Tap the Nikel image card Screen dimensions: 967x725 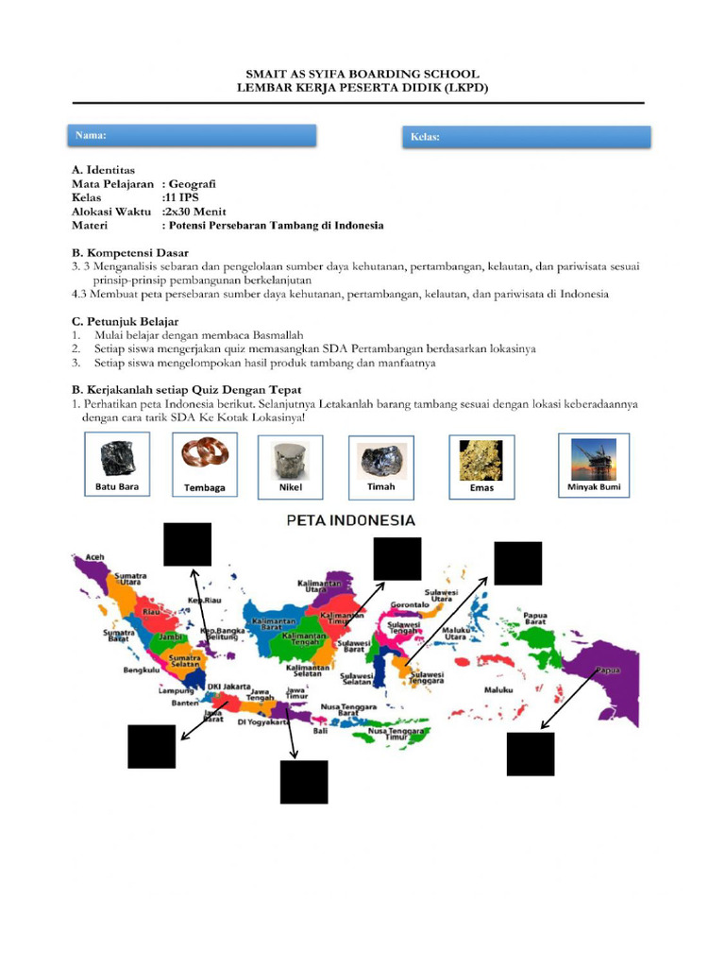[291, 467]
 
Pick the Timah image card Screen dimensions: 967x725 [381, 467]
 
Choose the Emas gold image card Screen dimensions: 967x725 [481, 467]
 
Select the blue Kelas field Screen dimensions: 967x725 [527, 138]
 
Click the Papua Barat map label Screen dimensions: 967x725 [535, 618]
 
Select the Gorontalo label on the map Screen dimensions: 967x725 [410, 603]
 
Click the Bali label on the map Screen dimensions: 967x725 [322, 730]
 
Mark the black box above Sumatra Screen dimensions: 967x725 [187, 544]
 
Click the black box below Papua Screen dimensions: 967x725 [531, 754]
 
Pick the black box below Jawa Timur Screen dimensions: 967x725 [304, 782]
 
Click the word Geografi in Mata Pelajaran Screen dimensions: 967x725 [193, 185]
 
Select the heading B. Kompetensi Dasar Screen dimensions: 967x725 [130, 253]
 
